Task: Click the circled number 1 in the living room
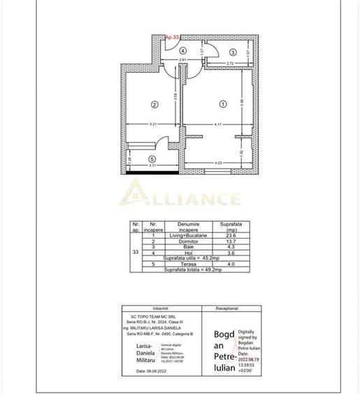pyautogui.click(x=223, y=104)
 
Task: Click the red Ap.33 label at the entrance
pyautogui.click(x=172, y=38)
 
